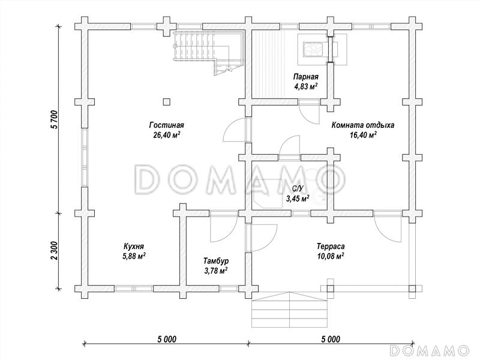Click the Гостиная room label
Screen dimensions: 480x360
(167, 125)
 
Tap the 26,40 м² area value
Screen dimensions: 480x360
(167, 135)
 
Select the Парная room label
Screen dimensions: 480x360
(306, 77)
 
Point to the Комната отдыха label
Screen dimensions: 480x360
(363, 125)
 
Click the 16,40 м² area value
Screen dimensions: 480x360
(363, 135)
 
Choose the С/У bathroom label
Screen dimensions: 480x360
(297, 189)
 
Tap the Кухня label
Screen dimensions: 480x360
(134, 246)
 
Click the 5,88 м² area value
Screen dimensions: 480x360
(134, 256)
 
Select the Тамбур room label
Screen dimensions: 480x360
(216, 261)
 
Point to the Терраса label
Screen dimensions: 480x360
(331, 246)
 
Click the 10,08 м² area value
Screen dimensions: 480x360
(331, 256)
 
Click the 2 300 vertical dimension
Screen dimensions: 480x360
(54, 251)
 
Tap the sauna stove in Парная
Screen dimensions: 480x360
(313, 49)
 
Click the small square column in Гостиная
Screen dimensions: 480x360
(166, 101)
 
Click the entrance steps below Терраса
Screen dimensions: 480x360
(289, 310)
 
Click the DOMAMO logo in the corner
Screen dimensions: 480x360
(430, 350)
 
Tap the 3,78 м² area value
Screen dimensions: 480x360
(216, 271)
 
